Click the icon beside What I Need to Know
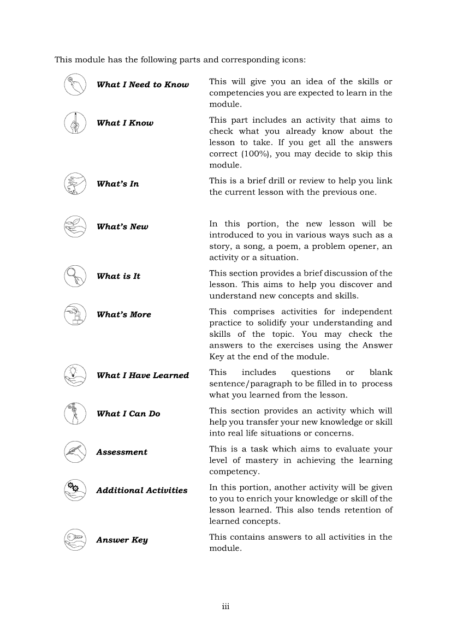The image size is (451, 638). [75, 85]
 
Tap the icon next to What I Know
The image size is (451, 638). [75, 123]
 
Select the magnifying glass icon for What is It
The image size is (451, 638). [75, 276]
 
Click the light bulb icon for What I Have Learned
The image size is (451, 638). [75, 375]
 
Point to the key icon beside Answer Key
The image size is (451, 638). [75, 540]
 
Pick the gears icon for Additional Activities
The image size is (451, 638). [75, 490]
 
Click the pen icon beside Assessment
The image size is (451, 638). [75, 452]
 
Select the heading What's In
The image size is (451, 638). [117, 184]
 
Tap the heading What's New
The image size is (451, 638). [122, 227]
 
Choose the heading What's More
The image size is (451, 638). [123, 315]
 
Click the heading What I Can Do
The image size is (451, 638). [128, 414]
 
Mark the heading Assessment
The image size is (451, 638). [122, 452]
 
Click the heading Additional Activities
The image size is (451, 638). [142, 491]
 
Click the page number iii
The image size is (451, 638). [226, 606]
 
